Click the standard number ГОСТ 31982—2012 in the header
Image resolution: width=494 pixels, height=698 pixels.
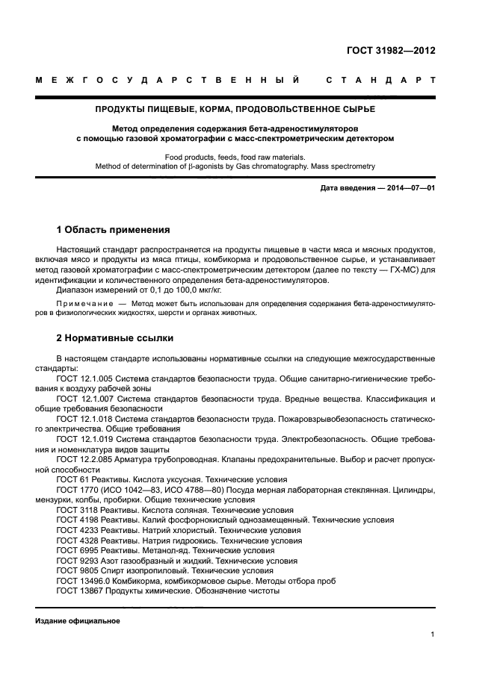(391, 51)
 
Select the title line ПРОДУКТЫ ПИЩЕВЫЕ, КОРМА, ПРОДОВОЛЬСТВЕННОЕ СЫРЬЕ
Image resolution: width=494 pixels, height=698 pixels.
(235, 109)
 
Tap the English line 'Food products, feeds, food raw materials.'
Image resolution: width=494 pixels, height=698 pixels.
(235, 157)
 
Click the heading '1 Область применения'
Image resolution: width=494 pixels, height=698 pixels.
(114, 230)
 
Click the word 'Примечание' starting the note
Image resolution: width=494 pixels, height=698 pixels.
(83, 304)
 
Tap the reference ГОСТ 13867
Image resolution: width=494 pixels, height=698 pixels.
(78, 591)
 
